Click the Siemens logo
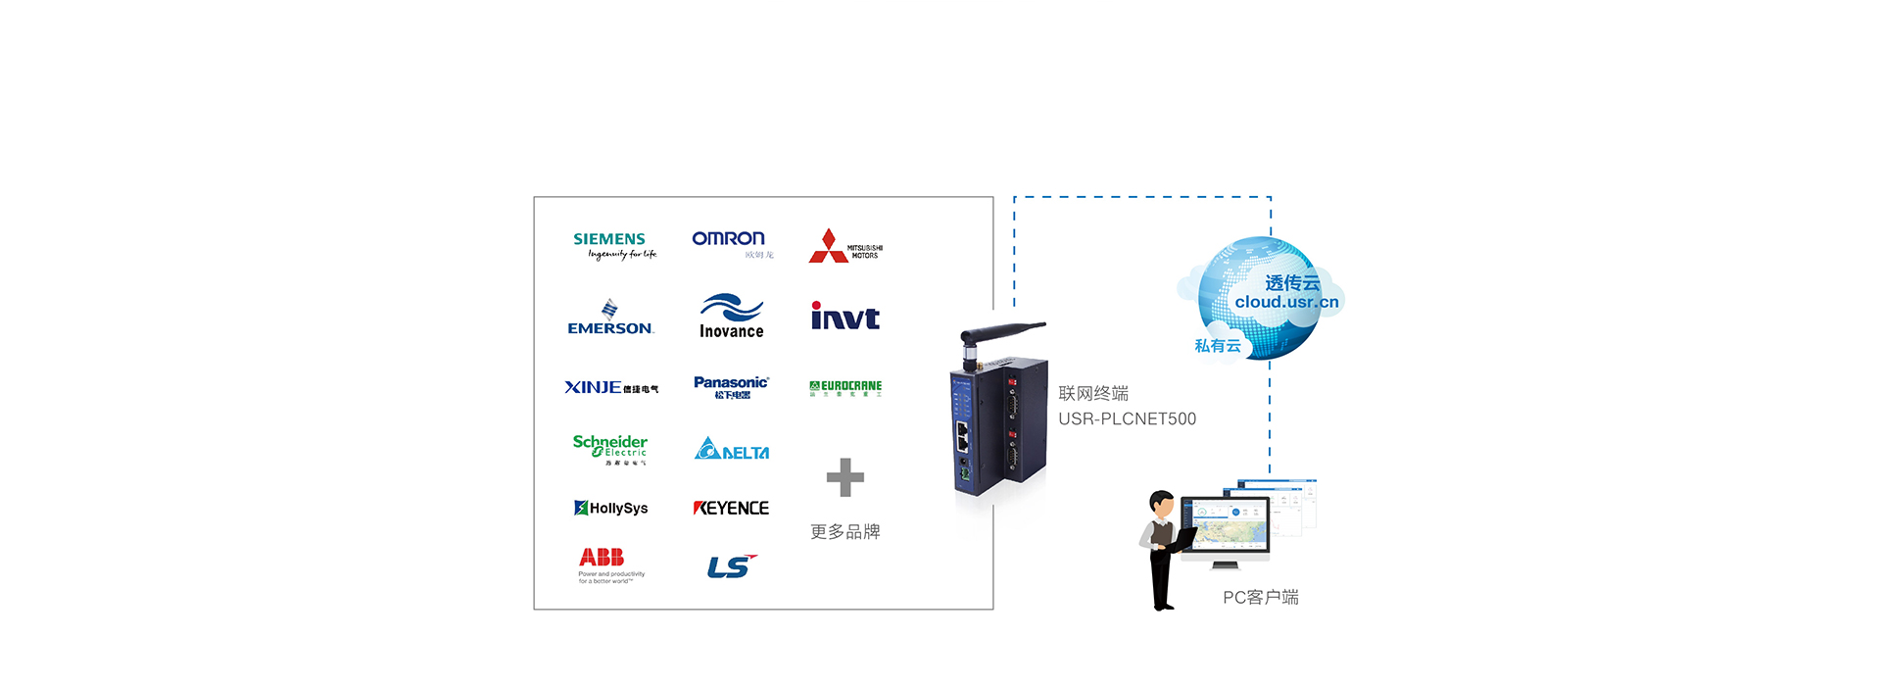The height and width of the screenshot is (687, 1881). pyautogui.click(x=610, y=244)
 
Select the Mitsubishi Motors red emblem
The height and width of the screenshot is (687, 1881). pyautogui.click(x=829, y=246)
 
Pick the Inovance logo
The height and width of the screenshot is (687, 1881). pyautogui.click(x=731, y=317)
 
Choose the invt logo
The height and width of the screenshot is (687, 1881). pyautogui.click(x=844, y=316)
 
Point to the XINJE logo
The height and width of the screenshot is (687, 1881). pyautogui.click(x=610, y=387)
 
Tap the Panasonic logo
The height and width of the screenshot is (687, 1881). pyautogui.click(x=731, y=386)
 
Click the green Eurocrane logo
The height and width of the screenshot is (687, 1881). pyautogui.click(x=845, y=388)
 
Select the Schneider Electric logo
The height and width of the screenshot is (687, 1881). pyautogui.click(x=609, y=448)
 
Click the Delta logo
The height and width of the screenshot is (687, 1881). pyautogui.click(x=732, y=449)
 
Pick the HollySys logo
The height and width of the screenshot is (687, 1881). pyautogui.click(x=610, y=508)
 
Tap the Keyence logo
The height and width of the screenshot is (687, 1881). pyautogui.click(x=731, y=508)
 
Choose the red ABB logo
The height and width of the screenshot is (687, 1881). pyautogui.click(x=602, y=557)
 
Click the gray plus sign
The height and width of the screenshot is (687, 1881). pyautogui.click(x=844, y=477)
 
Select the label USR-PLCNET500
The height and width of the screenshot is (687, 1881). pyautogui.click(x=1127, y=419)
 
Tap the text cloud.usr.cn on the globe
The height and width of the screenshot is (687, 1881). pyautogui.click(x=1286, y=302)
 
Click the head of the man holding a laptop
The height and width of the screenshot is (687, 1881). pyautogui.click(x=1162, y=503)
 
